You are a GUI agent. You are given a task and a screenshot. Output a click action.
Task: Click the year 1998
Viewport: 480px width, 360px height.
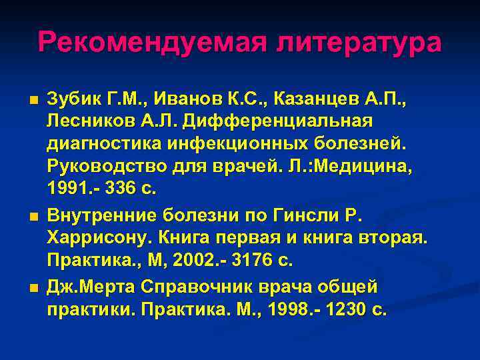tap(283, 309)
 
